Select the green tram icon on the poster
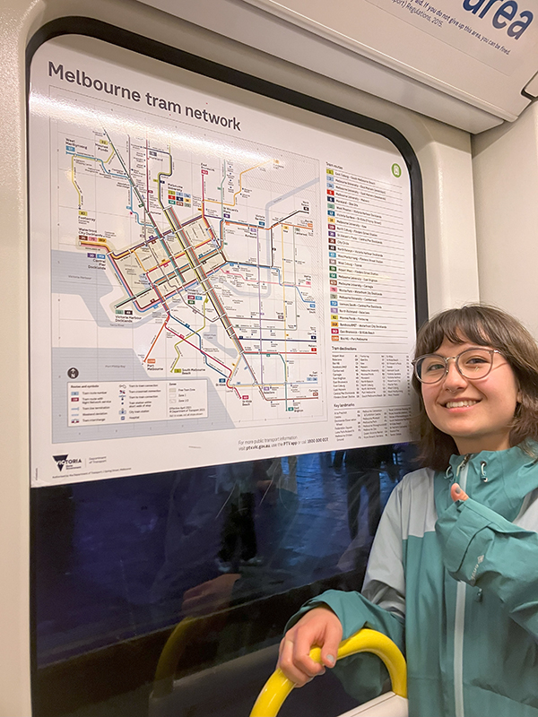[x=395, y=170]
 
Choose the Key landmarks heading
[x=345, y=406]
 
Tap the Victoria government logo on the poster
[x=66, y=463]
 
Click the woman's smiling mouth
[x=462, y=403]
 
